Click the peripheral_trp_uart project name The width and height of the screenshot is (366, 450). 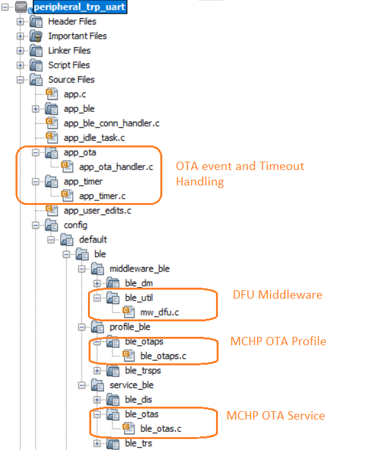coord(80,7)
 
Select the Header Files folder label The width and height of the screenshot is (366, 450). coord(72,21)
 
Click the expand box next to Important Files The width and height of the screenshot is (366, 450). coord(20,36)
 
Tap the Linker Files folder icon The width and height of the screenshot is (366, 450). coord(36,51)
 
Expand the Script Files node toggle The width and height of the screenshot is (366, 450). coord(20,65)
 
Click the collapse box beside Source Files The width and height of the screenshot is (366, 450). coord(20,80)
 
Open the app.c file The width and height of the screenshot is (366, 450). coord(74,94)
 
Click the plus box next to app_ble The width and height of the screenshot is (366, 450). coord(36,109)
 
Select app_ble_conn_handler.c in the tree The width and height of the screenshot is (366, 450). coord(111,123)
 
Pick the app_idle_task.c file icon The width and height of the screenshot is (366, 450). coord(52,138)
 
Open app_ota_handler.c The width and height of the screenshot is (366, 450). coord(116,167)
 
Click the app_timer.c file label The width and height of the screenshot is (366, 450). coord(102,197)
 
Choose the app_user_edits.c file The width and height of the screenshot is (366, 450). coord(97,211)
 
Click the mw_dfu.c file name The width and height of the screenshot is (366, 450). coord(159,312)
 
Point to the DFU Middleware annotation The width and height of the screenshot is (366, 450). coord(277,295)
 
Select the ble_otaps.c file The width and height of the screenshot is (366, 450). coord(163,356)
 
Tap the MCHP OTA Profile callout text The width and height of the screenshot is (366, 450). coord(278,341)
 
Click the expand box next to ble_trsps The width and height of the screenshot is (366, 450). coord(97,370)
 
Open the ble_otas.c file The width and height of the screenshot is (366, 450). coord(161,429)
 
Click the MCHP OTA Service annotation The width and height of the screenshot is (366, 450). coord(275,416)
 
